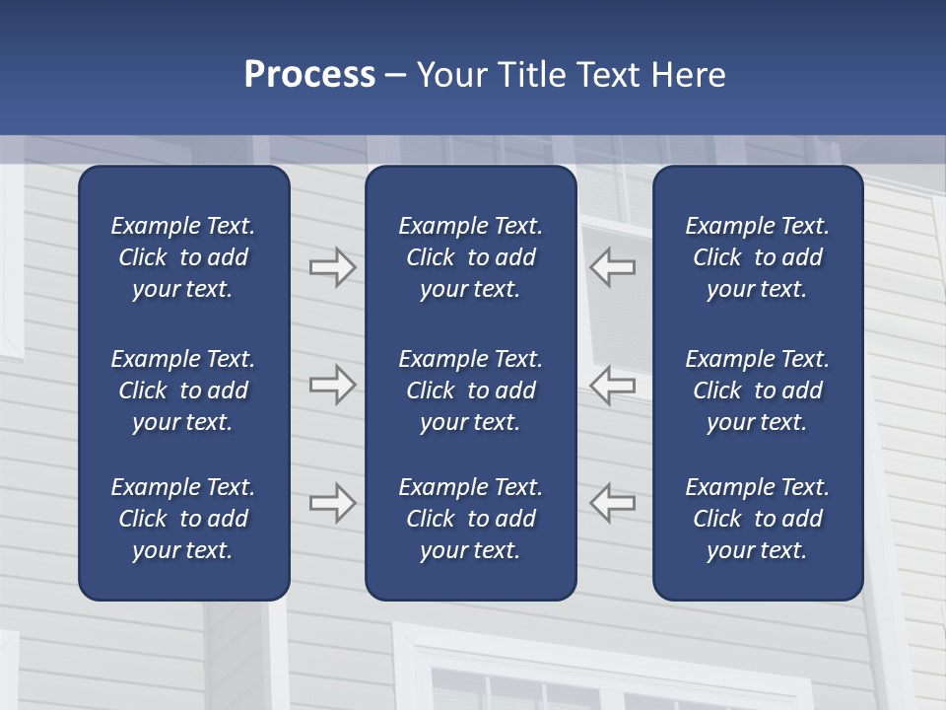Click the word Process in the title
click(309, 75)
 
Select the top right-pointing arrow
click(332, 267)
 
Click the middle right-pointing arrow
click(332, 385)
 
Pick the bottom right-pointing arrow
click(332, 503)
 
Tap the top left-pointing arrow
click(613, 267)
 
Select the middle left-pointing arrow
click(613, 385)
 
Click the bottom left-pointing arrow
click(613, 503)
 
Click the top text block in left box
click(183, 257)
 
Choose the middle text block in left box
click(183, 390)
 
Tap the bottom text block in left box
click(183, 519)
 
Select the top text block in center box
click(470, 257)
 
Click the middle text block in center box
click(470, 390)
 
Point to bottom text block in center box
click(470, 519)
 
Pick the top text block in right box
click(757, 257)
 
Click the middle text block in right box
click(757, 390)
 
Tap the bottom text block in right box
click(757, 519)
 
